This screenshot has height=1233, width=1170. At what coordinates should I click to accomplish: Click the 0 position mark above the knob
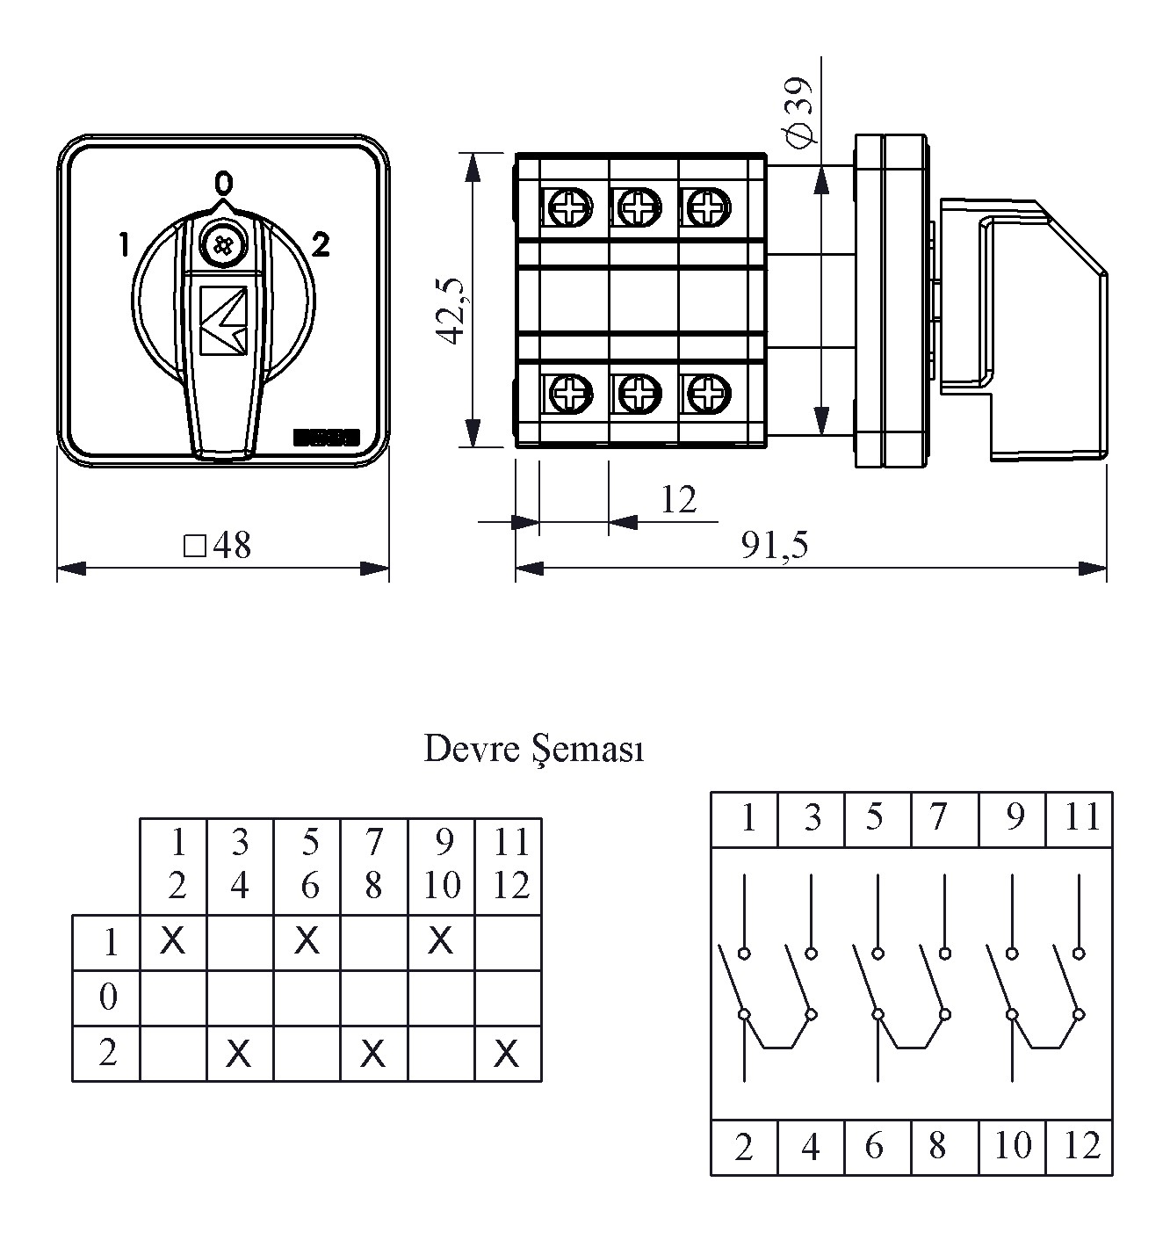(224, 183)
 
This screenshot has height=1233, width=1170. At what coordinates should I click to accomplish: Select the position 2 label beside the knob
(321, 245)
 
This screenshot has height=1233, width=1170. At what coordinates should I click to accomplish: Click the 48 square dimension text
(218, 546)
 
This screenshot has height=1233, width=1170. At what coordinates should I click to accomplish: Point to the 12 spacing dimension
(678, 500)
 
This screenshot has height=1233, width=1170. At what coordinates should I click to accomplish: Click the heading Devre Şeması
(534, 750)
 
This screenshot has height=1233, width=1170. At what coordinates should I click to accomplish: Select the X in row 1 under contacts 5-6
(307, 941)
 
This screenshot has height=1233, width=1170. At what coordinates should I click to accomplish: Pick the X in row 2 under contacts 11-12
(507, 1053)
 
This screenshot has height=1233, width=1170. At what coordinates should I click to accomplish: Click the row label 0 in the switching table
(108, 997)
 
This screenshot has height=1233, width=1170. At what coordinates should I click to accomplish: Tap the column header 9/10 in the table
(441, 865)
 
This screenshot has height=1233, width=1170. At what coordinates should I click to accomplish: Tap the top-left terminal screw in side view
(569, 209)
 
